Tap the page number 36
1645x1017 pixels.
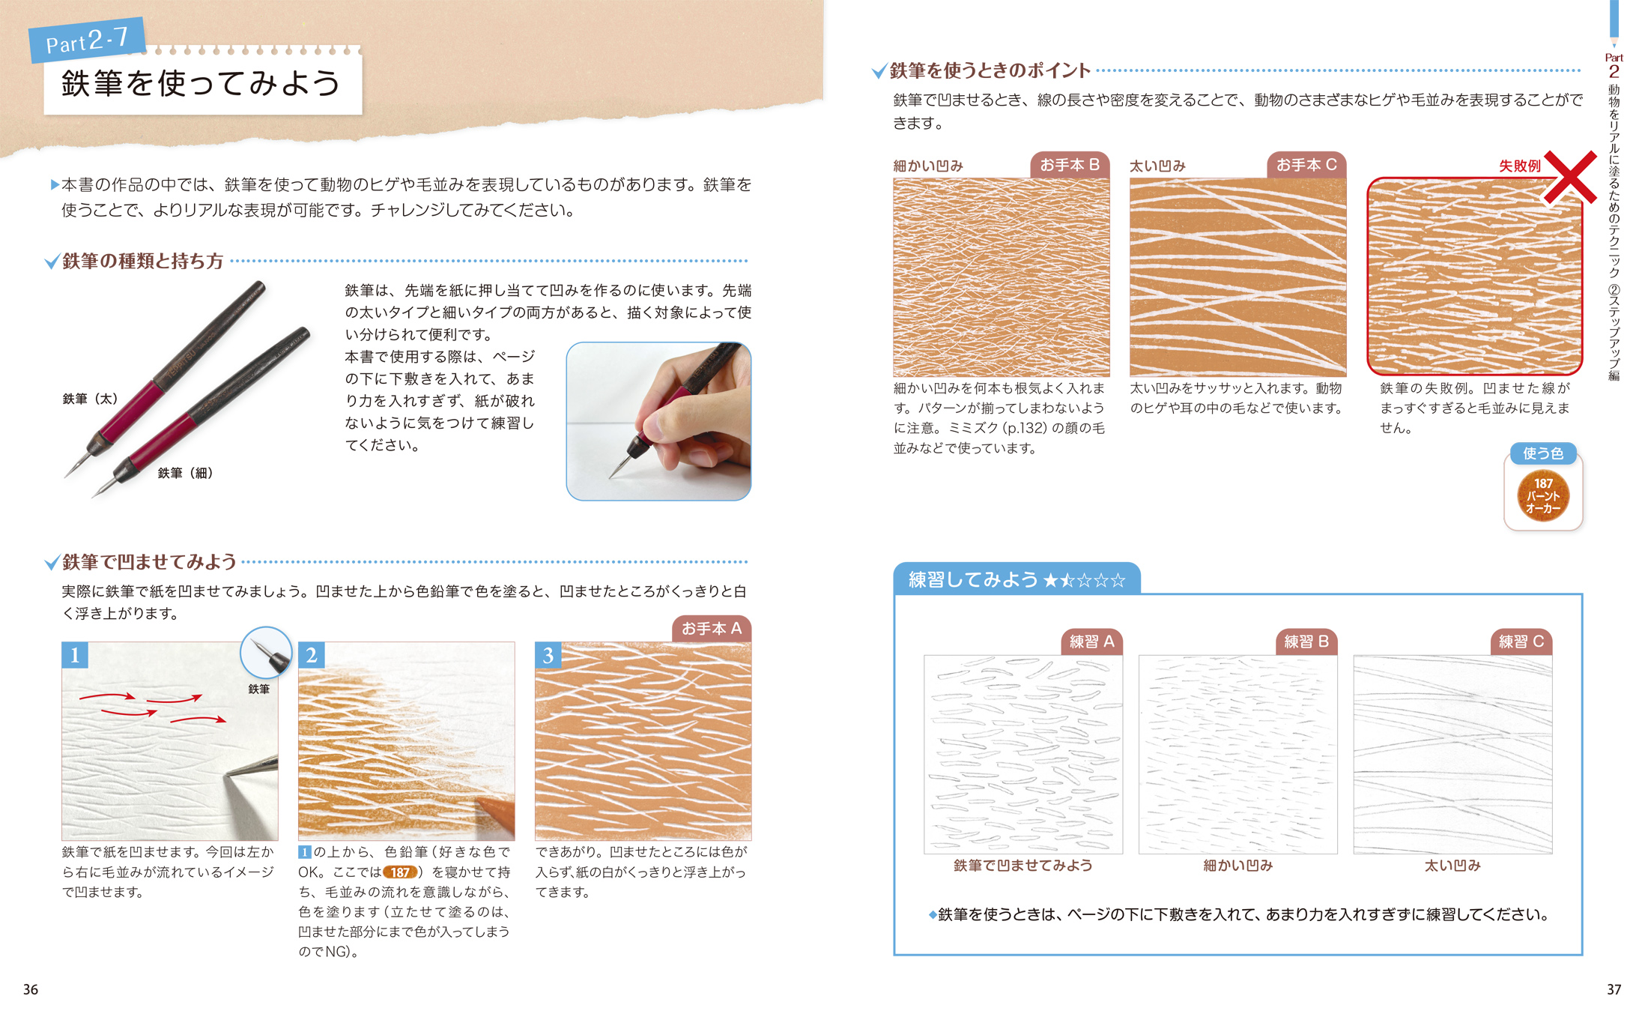click(31, 989)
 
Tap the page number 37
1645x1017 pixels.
click(1614, 989)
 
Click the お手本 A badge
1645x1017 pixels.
click(712, 629)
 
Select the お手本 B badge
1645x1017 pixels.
click(1070, 165)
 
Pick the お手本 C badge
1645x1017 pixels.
click(1306, 165)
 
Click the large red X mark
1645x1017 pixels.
click(1570, 178)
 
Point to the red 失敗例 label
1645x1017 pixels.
click(1520, 166)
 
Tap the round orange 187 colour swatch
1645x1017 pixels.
click(1543, 496)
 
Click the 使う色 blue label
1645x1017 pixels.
click(1543, 453)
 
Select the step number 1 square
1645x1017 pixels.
click(75, 655)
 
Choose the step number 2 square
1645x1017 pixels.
click(312, 655)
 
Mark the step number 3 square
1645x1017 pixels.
click(548, 655)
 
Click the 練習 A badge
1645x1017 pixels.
click(1092, 642)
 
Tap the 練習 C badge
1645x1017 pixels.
click(1521, 642)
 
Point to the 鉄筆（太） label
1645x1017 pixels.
click(90, 399)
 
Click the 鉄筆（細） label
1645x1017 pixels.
click(185, 473)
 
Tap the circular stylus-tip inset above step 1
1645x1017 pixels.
click(266, 653)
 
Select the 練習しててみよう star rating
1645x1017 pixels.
click(1084, 580)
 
